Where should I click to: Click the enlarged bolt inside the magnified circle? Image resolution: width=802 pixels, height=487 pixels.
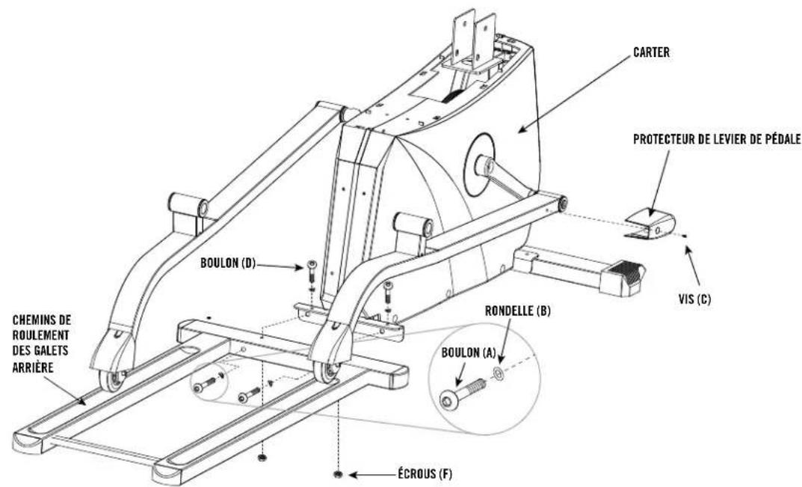pos(462,395)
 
